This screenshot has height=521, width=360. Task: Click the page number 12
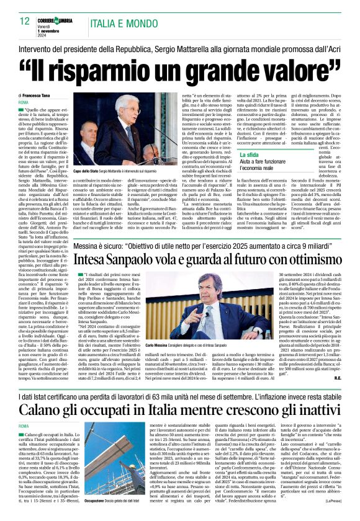tap(25, 22)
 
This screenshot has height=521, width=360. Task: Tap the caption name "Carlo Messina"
tap(156, 344)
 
